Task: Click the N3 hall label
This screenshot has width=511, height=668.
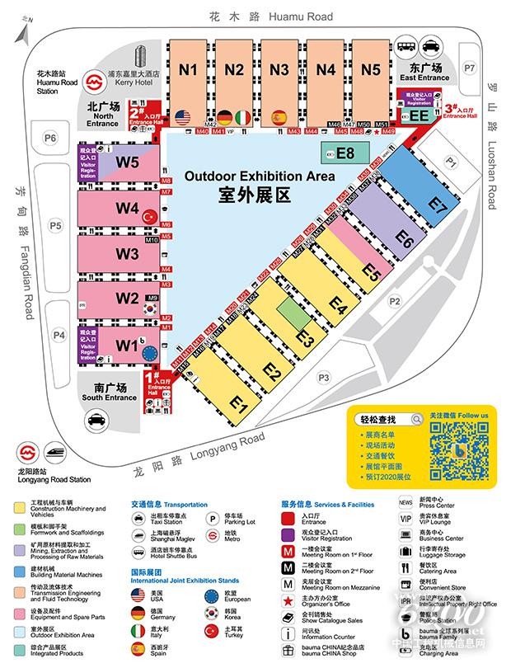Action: coord(279,69)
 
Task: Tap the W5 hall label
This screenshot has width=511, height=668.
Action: coord(127,162)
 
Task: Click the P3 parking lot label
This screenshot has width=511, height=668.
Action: coord(323,378)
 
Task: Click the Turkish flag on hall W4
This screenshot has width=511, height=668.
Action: coord(149,216)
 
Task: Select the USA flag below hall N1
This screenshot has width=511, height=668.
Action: coord(182,116)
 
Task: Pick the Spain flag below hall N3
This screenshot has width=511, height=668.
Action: coord(279,116)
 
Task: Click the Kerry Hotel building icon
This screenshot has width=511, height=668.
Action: coord(138,57)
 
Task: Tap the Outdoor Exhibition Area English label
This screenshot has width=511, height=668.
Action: coord(260,176)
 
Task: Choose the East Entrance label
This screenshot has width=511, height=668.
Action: coord(424,78)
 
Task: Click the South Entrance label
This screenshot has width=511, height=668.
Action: coord(110,398)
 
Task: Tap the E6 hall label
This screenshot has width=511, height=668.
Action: coord(403,239)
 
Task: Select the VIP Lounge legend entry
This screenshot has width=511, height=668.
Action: coord(434,521)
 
